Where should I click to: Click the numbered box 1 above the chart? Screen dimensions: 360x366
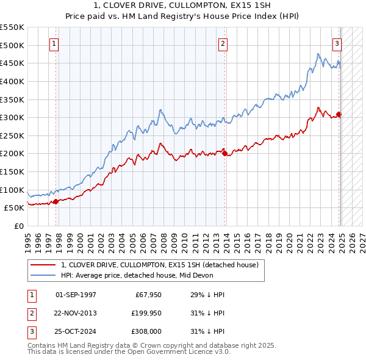[x=55, y=43]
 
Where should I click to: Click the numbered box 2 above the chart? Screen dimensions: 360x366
[x=223, y=43]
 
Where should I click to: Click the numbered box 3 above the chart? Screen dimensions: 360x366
[x=337, y=43]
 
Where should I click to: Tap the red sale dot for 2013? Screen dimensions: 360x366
[x=224, y=153]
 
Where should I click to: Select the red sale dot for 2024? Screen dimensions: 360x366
[x=339, y=114]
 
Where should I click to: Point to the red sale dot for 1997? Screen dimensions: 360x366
[x=56, y=201]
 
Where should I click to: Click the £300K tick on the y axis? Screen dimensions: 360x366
[x=12, y=117]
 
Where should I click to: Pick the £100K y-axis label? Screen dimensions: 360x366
[x=12, y=190]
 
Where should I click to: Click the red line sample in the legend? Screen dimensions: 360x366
[x=43, y=265]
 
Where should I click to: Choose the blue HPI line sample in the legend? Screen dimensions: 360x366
[x=43, y=275]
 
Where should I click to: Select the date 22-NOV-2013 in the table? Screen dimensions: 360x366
[x=76, y=313]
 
